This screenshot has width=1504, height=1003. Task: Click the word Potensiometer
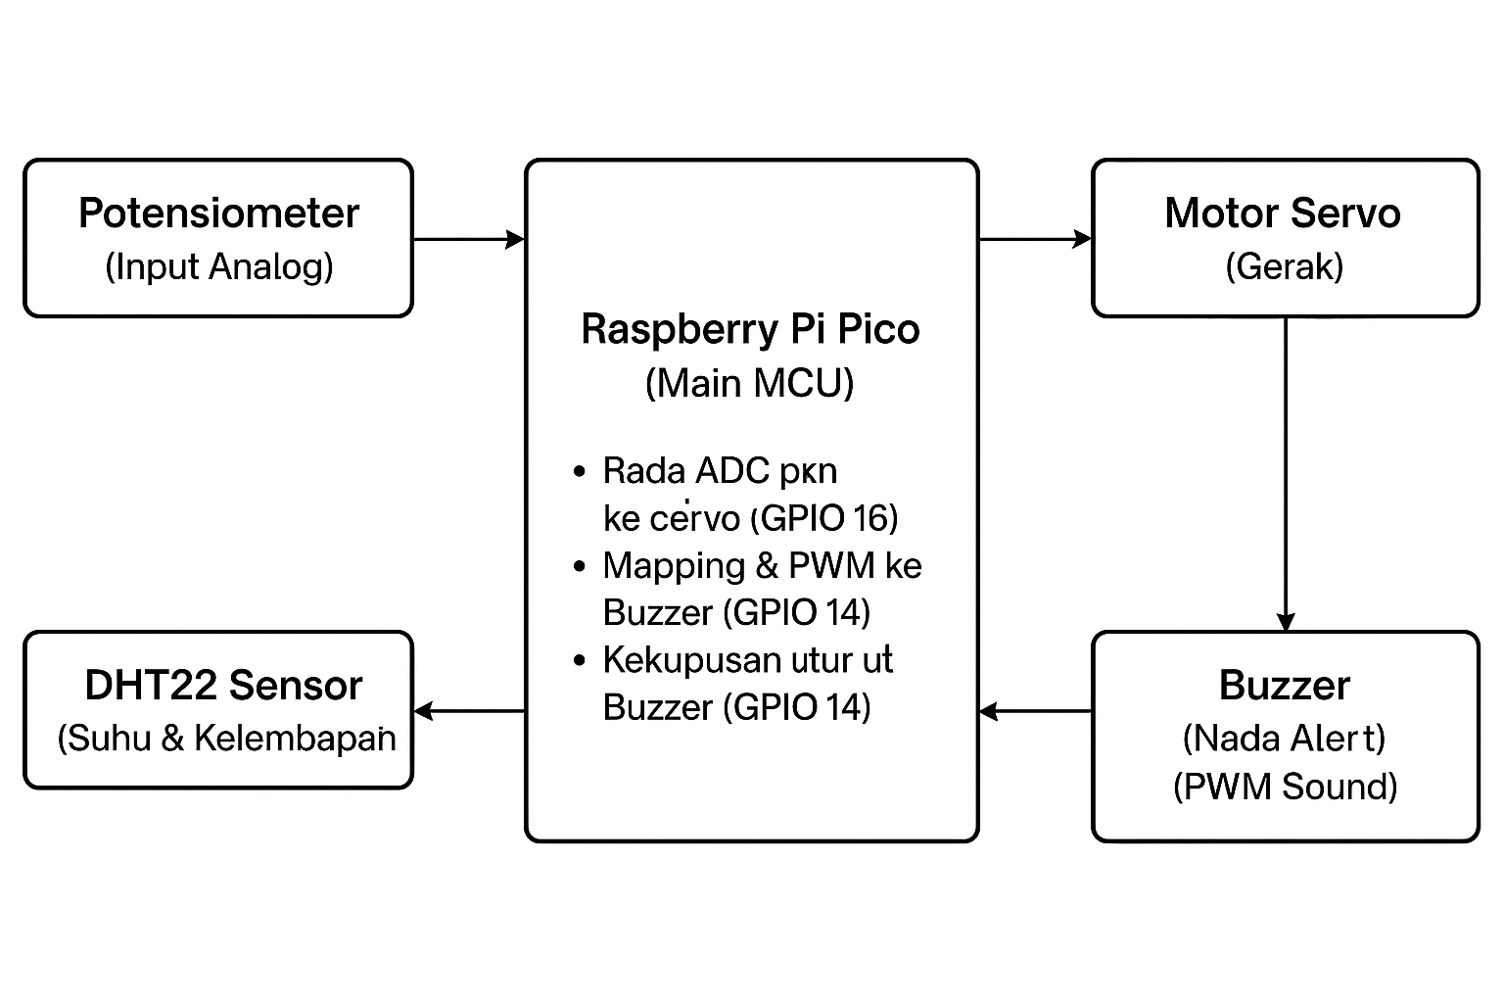point(218,214)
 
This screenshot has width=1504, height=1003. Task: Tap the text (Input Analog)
point(218,266)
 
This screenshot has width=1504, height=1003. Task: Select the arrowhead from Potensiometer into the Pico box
point(515,239)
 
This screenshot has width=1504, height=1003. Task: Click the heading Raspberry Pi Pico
point(750,329)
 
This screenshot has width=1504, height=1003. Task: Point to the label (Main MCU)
point(750,382)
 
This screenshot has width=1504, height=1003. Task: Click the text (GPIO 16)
point(824,518)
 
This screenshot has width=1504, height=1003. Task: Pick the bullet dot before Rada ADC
point(580,472)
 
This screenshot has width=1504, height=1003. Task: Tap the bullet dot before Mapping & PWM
point(580,566)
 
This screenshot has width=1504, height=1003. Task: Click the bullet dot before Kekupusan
point(580,660)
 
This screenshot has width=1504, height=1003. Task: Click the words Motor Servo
point(1283,214)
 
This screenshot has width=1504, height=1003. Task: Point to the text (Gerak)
point(1284,266)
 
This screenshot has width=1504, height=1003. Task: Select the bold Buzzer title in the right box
point(1285,686)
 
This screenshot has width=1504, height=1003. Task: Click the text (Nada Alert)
point(1285,738)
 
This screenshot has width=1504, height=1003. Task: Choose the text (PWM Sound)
point(1285,787)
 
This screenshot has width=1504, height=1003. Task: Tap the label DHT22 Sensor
point(223,686)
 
